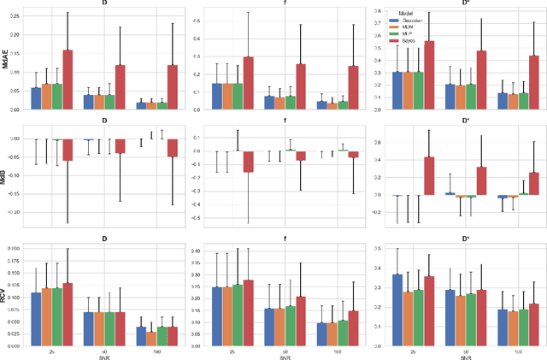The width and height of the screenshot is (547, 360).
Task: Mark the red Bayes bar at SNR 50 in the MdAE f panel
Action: coord(299,86)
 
